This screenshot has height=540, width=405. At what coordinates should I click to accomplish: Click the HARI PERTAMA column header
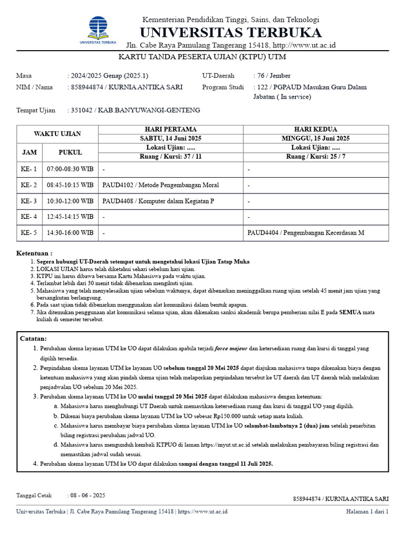170,129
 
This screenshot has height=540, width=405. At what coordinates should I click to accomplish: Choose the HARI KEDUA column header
316,129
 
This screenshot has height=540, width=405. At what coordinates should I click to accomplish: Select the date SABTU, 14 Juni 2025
170,138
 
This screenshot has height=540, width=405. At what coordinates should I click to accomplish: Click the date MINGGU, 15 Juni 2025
316,138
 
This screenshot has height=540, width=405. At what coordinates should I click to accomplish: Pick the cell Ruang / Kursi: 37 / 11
170,157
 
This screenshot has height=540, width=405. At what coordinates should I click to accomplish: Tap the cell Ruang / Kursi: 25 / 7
316,157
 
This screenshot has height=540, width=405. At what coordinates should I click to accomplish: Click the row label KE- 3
29,201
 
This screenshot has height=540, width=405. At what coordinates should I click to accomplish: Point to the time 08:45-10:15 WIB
70,185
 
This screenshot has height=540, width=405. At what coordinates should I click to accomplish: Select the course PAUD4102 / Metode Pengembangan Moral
161,185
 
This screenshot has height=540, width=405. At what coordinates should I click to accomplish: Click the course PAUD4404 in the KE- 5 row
306,233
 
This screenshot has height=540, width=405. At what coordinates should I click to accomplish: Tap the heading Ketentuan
34,253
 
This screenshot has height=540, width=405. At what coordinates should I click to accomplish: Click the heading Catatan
33,338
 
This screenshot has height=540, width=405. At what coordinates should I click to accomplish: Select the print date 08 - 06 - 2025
88,495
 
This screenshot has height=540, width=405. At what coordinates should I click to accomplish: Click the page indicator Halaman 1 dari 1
367,511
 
